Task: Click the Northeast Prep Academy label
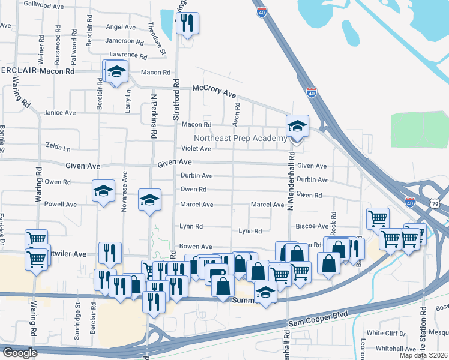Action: coord(240,139)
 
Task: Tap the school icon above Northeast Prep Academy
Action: coord(297,127)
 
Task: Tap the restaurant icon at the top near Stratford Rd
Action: coord(187,23)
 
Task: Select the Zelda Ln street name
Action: coord(58,146)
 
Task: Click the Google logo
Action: coord(20,353)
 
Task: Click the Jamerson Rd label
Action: coord(124,42)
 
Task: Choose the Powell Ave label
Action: coord(61,204)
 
